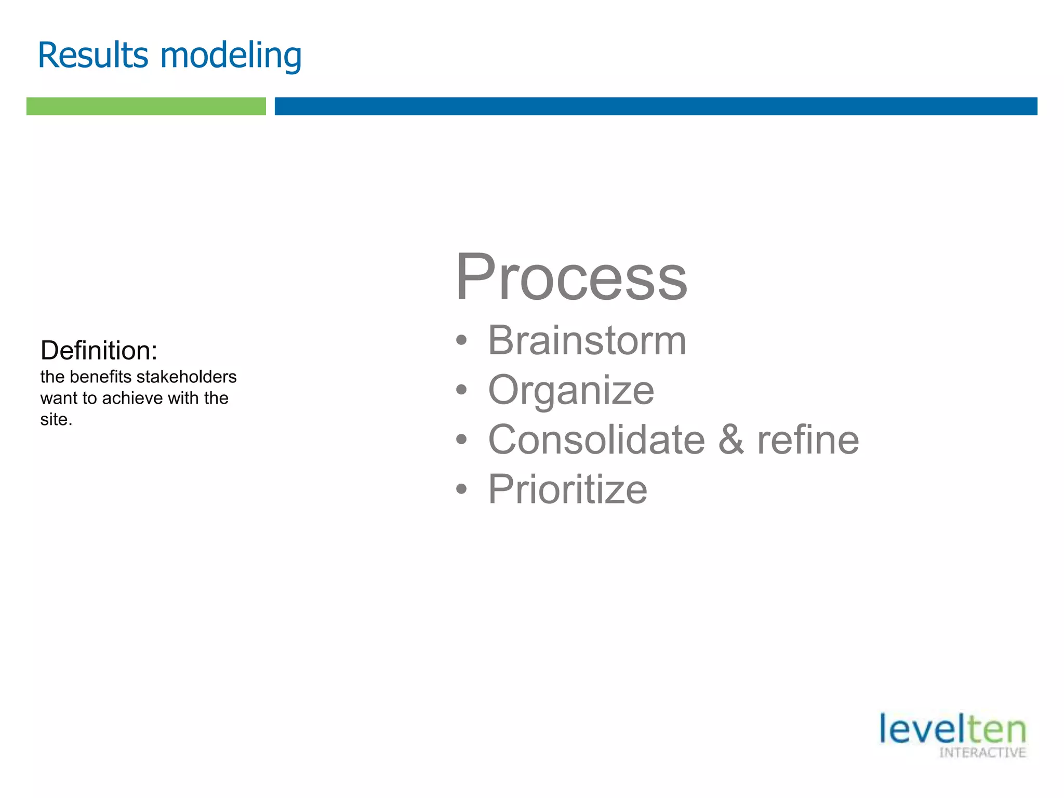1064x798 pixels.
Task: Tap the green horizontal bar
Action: click(x=146, y=106)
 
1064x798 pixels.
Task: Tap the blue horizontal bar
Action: click(x=656, y=106)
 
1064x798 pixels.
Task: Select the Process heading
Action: click(x=571, y=277)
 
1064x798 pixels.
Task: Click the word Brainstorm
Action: click(x=587, y=340)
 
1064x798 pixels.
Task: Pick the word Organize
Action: click(x=571, y=391)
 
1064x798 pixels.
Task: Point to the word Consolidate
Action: click(x=596, y=440)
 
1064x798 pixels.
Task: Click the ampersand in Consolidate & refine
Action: click(x=731, y=440)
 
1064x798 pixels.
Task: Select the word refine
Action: click(x=808, y=440)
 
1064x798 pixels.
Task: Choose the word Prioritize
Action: click(x=567, y=489)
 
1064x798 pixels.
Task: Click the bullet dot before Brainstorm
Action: click(x=461, y=341)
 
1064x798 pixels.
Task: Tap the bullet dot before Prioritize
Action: click(x=461, y=489)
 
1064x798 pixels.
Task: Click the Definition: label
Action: click(x=99, y=351)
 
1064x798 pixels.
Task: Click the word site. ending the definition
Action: click(x=56, y=419)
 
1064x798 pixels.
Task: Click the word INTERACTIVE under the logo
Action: click(x=982, y=753)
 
